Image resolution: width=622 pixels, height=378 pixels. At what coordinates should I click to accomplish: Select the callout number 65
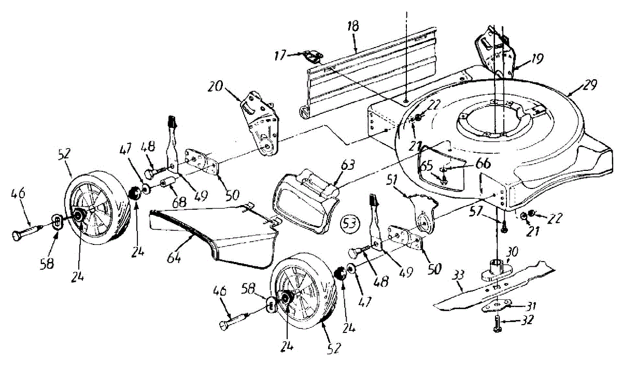[x=427, y=167]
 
